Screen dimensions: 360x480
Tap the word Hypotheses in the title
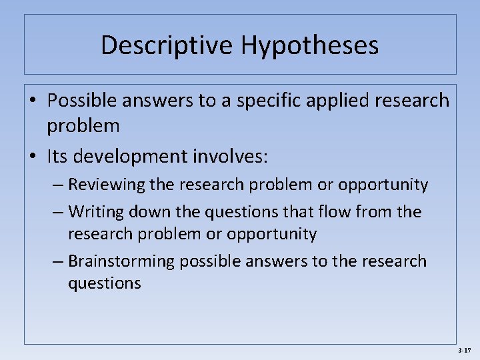(310, 45)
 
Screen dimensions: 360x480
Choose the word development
(129, 157)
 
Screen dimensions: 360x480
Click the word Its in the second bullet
(57, 157)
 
